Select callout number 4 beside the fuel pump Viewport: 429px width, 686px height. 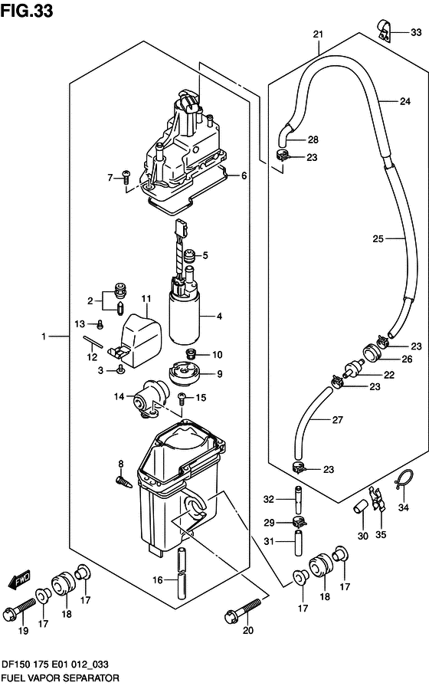pos(219,316)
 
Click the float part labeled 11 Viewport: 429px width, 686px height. pos(140,337)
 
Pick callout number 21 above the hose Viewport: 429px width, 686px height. pos(318,34)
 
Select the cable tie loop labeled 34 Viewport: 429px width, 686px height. pos(404,481)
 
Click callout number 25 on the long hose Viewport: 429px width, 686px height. pos(378,239)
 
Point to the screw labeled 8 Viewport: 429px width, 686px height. pos(123,482)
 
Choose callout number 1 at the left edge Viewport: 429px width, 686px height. pos(44,336)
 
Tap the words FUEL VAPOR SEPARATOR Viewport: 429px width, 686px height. pos(60,678)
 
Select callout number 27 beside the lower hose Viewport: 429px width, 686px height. pos(338,420)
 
